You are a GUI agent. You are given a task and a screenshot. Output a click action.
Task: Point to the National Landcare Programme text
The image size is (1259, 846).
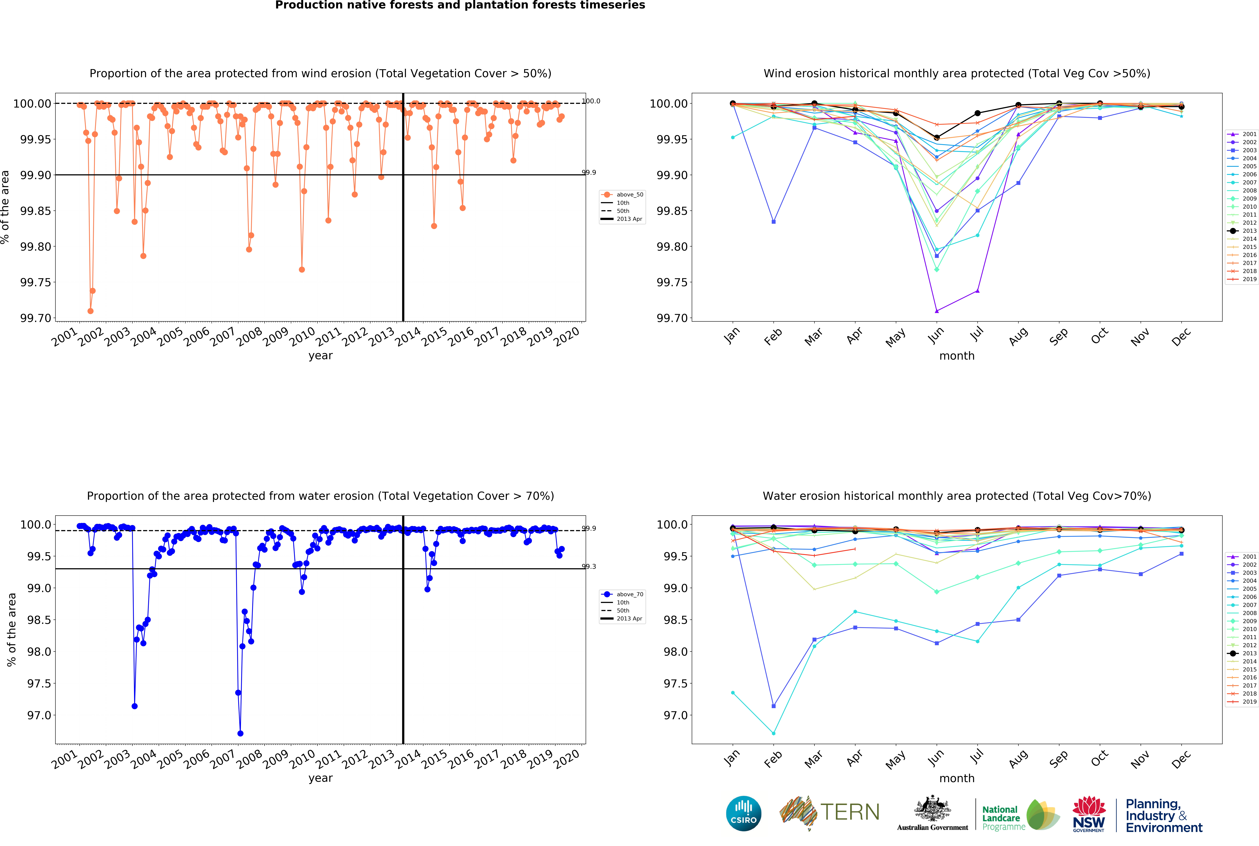(x=1003, y=818)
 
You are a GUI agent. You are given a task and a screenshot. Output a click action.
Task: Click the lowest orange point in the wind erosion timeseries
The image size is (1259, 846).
(x=90, y=311)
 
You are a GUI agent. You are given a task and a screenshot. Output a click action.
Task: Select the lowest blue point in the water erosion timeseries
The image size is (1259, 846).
(x=240, y=733)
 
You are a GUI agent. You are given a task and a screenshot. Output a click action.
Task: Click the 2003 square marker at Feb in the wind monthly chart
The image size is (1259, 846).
(x=773, y=222)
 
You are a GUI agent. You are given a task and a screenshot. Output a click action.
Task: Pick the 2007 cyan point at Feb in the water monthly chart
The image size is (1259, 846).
(x=773, y=733)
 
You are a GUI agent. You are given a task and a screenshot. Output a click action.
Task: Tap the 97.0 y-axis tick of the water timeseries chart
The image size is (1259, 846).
(x=39, y=715)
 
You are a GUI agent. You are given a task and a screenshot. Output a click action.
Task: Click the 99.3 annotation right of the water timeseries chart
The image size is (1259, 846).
(x=589, y=567)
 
